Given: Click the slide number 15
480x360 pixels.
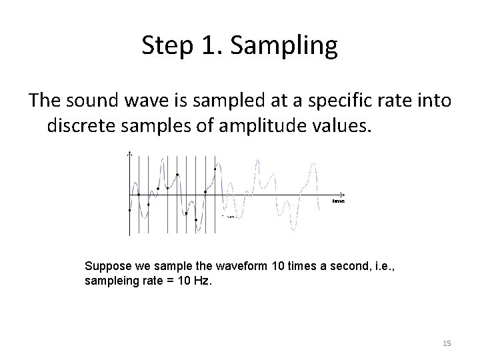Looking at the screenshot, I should click(x=447, y=343).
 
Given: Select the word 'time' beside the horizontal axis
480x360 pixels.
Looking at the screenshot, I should click(x=339, y=201).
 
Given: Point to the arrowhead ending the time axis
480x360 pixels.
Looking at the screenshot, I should click(x=343, y=195).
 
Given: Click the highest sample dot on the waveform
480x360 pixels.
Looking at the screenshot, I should click(x=215, y=169).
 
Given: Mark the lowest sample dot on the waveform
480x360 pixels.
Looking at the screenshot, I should click(x=196, y=220).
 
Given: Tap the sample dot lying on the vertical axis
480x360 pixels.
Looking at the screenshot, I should click(x=129, y=210).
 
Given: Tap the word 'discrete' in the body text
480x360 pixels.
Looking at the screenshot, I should click(x=80, y=125).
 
